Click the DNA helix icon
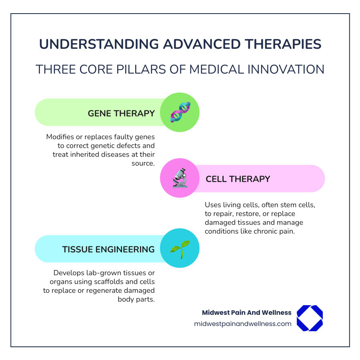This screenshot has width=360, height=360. click(180, 112)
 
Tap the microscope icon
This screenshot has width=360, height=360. click(180, 178)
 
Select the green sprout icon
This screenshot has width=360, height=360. click(180, 248)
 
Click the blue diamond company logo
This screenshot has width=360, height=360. click(310, 318)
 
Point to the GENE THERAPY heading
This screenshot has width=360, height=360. click(121, 113)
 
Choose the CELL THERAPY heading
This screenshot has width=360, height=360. click(238, 179)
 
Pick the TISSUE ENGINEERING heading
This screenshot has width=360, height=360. click(108, 249)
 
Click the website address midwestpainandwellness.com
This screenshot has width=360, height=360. click(242, 324)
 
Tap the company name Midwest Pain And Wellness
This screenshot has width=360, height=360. click(247, 312)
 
